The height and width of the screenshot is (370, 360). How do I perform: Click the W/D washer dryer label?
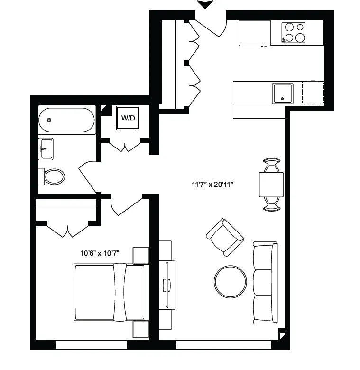pos(128,117)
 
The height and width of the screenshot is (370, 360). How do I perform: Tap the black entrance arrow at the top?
pos(206,5)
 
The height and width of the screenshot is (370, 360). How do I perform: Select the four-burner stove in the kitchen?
pos(294,33)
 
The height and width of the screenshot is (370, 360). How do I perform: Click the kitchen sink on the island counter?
pos(282,94)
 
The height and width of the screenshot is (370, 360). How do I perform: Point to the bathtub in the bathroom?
pos(67,120)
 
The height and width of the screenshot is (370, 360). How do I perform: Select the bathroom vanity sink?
pos(46,149)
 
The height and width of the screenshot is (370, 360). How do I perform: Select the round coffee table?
pos(231,281)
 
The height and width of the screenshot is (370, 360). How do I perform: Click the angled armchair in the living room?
pos(225,236)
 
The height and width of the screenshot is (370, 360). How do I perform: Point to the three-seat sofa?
pos(265,283)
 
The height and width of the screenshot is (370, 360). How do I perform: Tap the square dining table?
pos(271,185)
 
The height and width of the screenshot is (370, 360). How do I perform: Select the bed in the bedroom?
pos(110,292)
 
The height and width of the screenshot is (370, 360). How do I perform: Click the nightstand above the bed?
pos(141,255)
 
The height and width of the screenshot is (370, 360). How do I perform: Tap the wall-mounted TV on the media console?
pos(166,285)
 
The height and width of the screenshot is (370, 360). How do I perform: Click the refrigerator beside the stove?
pos(255,33)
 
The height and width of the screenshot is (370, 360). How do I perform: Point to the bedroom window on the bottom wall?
pos(92,345)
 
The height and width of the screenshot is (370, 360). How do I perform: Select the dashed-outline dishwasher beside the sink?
pos(313,92)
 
